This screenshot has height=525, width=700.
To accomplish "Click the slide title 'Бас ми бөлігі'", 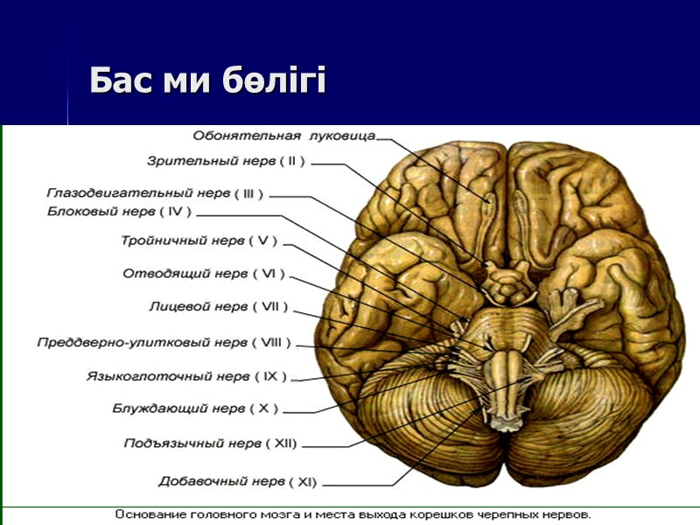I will pos(207,81).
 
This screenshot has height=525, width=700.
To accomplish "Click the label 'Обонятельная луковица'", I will pos(283,136).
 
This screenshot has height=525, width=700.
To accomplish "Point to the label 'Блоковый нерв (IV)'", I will pos(119,211).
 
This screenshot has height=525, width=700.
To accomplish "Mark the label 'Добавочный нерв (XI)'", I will pos(237,481).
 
